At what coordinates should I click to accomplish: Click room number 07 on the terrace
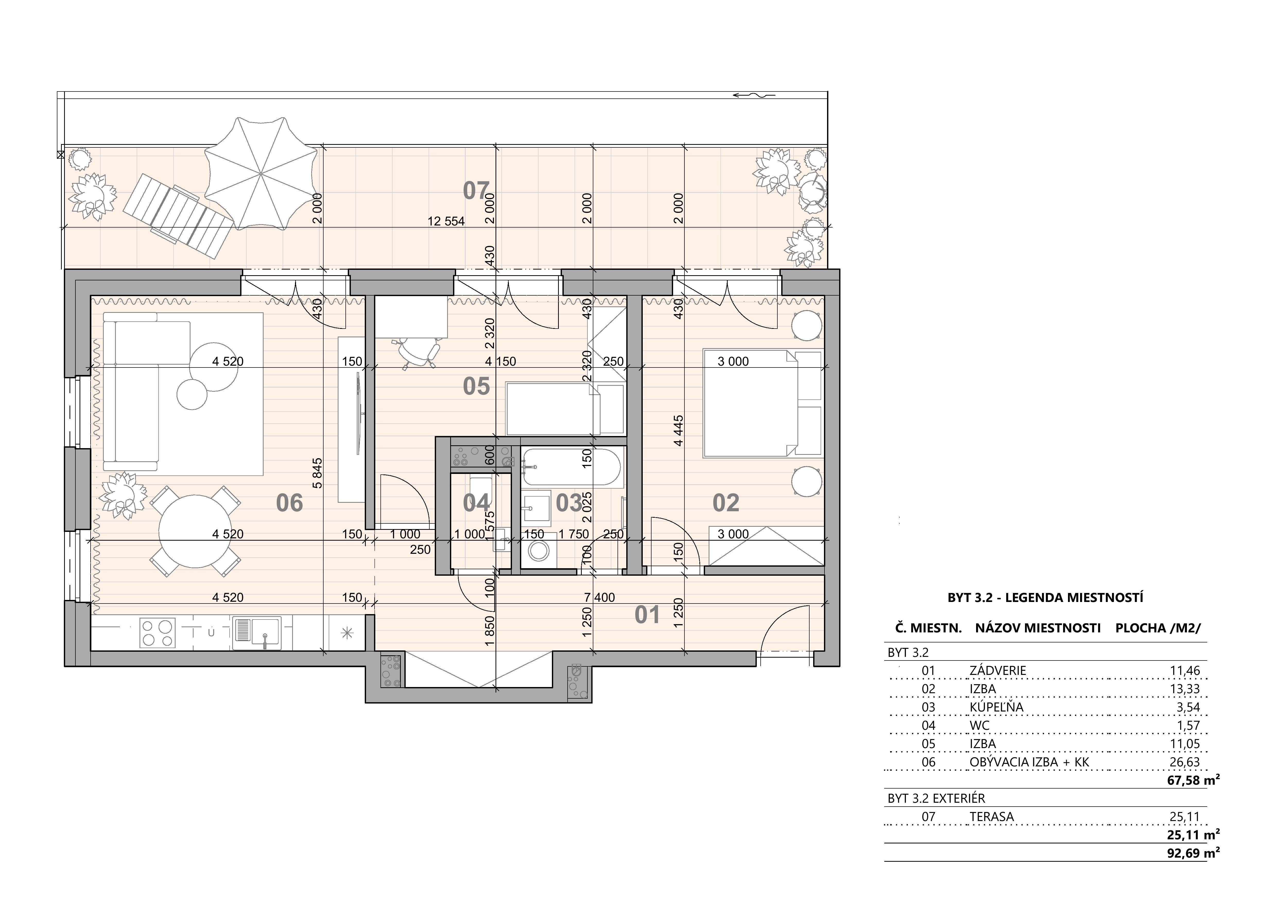coord(476,191)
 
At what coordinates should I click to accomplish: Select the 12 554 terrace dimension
coord(446,222)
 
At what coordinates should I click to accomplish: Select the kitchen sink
coord(256,633)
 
